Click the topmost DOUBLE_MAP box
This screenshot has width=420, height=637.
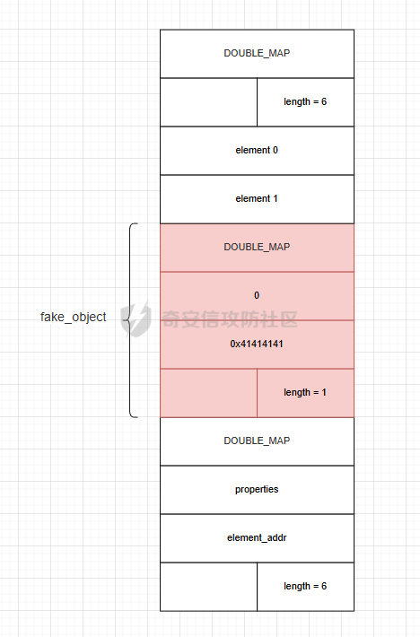coord(258,54)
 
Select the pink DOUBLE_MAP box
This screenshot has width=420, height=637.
coord(258,248)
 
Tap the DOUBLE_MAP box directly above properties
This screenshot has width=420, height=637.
coord(258,441)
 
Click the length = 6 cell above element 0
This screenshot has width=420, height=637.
coord(305,102)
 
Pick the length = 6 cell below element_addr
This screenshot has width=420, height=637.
coord(305,587)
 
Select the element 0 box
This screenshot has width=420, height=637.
coord(258,151)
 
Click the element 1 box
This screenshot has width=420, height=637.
coord(258,199)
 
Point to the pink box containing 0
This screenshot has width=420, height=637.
coord(258,296)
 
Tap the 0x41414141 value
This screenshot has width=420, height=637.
coord(257,345)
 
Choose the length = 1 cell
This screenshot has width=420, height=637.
coord(305,393)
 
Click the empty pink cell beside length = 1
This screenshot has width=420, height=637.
coord(208,393)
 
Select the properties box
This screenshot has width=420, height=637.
coord(258,490)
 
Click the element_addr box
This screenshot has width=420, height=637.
coord(258,538)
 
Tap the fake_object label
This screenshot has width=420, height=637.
coord(73,318)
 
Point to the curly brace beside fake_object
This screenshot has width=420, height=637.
coord(129,320)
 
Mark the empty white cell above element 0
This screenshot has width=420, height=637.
coord(208,102)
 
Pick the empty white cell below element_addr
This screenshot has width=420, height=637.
coord(208,587)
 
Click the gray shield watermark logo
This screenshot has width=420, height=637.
coord(136,319)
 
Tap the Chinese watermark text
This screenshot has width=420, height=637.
coord(230,319)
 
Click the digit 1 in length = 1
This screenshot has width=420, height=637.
coord(324,392)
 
